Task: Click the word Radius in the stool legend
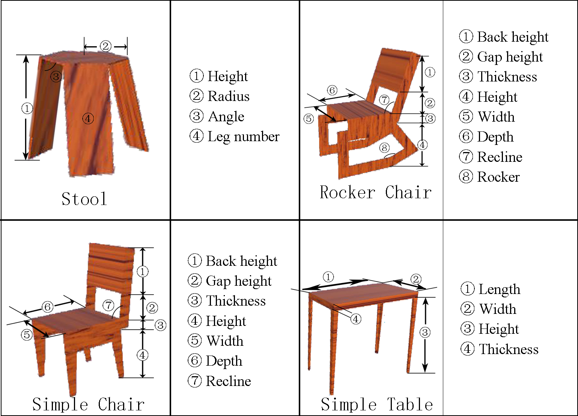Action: point(229,96)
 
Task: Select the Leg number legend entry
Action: point(235,137)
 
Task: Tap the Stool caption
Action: point(84,199)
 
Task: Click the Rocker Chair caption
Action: point(375,192)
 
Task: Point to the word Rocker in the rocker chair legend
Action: point(498,177)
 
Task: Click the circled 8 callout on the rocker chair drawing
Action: point(384,148)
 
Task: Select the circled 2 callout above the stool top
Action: point(105,47)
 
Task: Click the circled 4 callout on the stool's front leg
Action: point(88,119)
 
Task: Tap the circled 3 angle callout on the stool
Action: point(56,76)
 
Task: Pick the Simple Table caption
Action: point(377,404)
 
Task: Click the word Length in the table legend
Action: point(499,289)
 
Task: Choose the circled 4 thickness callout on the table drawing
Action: point(356,319)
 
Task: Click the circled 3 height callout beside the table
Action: point(425,332)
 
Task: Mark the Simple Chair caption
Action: point(88,404)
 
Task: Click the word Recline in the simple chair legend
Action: point(228,381)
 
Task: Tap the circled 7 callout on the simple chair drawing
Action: point(108,305)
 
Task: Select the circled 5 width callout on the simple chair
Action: point(27,335)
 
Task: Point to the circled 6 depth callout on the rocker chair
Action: point(332,90)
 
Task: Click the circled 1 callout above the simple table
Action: point(328,277)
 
